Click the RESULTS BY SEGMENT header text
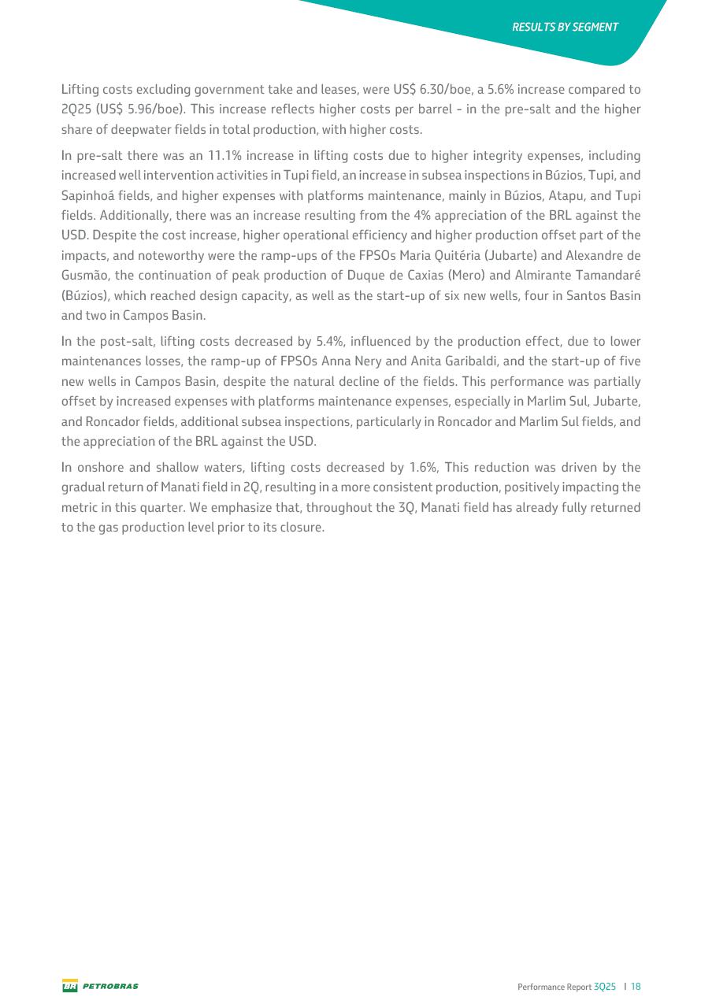point(565,27)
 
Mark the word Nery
point(365,361)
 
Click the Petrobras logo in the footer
point(100,986)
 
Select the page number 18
point(636,986)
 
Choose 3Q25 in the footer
point(605,986)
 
